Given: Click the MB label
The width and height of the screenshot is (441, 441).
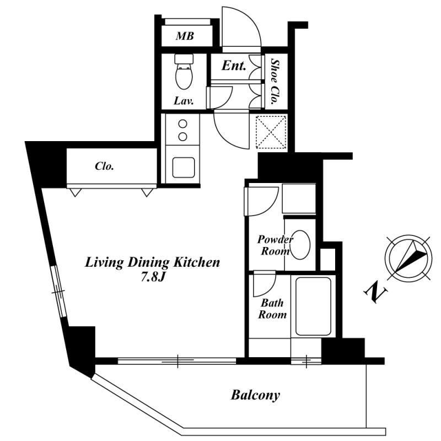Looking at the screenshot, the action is [x=185, y=36].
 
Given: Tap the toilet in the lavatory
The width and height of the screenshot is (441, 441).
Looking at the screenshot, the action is [x=184, y=72].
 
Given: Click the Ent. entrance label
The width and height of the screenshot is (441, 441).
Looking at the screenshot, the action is [x=234, y=66].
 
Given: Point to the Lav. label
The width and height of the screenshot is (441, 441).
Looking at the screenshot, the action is [x=184, y=100].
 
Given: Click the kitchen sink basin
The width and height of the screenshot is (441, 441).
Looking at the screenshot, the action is [x=184, y=168].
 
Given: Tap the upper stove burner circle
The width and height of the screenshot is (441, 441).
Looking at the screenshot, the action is [x=183, y=123].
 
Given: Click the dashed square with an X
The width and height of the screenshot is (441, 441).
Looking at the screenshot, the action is [x=271, y=132].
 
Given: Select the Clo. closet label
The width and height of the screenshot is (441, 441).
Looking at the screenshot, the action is [x=104, y=166].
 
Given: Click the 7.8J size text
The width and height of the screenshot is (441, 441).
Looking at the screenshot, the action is [x=153, y=277].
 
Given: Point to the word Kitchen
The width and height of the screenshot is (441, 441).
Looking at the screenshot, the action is [x=196, y=262].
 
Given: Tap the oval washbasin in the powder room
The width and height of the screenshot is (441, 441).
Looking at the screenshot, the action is [x=300, y=245].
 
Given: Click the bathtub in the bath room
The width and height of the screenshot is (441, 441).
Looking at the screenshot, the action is [x=313, y=306].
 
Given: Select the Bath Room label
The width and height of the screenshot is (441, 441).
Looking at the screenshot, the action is [x=272, y=309].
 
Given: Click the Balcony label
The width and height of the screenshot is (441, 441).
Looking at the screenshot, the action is [x=255, y=395].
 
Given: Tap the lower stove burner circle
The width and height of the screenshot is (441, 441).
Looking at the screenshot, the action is [x=183, y=137].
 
